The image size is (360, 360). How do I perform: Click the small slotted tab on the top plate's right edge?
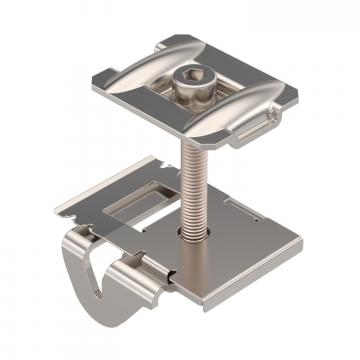click(x=254, y=124)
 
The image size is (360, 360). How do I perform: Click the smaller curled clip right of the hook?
click(x=140, y=290)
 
